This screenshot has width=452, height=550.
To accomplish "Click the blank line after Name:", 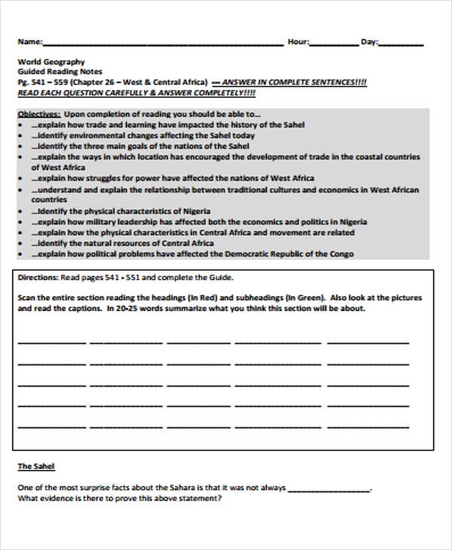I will coord(162,44).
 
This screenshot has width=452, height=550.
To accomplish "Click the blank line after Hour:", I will coord(334,44).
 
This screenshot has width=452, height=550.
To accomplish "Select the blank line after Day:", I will coord(401,44).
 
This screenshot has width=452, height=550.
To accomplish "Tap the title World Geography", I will coord(51,62).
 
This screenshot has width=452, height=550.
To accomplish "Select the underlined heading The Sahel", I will coord(36,466).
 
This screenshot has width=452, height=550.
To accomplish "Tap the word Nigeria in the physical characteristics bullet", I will coord(196,212).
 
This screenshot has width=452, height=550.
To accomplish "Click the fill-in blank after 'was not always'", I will coord(328,488).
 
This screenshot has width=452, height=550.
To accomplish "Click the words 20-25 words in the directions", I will coord(133,308).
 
